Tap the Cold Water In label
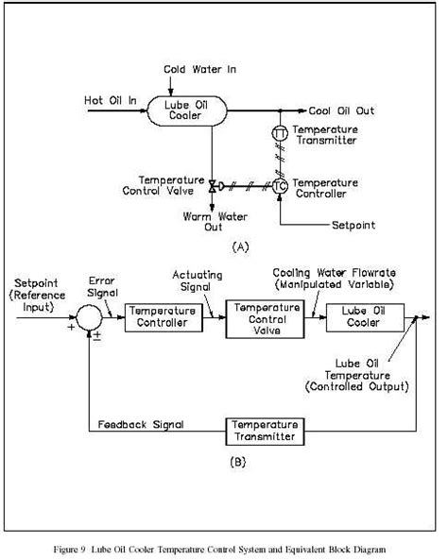(198, 70)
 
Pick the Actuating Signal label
(197, 280)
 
